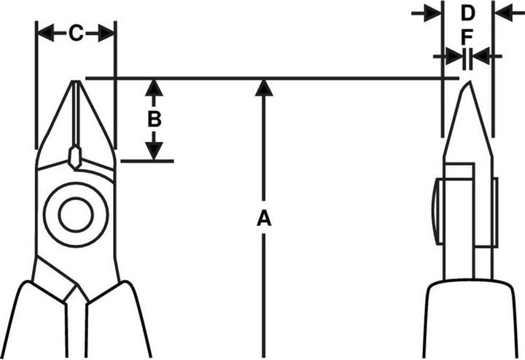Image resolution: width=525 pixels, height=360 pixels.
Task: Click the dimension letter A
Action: coord(264,217)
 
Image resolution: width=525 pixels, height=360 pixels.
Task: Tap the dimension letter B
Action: coord(154,119)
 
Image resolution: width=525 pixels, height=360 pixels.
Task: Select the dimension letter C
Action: coord(76,33)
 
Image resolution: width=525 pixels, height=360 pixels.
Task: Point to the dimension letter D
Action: coord(467,12)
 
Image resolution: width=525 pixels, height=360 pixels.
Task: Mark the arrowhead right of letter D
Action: coord(503,12)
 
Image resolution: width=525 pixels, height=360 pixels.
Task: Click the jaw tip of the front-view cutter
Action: coord(76,85)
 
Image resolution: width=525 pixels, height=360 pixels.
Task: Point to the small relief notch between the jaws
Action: coord(75,157)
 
